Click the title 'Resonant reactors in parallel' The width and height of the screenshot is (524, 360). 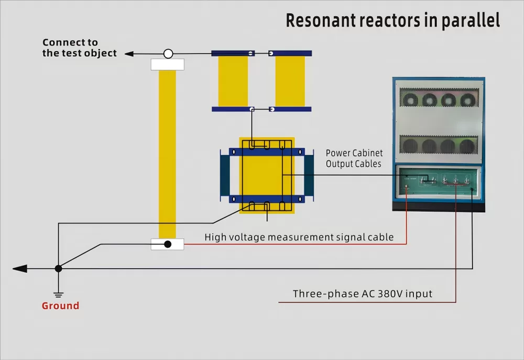click(392, 20)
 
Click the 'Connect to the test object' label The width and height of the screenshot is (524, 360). click(79, 48)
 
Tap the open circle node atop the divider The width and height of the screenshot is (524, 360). click(168, 53)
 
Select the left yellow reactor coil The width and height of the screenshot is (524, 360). click(233, 81)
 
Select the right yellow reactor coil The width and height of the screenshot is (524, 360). click(290, 81)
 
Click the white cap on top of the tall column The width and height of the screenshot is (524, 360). click(167, 64)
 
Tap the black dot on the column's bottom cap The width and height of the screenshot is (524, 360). click(168, 244)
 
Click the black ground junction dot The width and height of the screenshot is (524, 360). click(59, 268)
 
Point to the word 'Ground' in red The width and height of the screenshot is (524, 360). click(60, 306)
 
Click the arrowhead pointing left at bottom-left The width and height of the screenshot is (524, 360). click(20, 269)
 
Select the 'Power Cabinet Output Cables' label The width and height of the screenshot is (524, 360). click(354, 158)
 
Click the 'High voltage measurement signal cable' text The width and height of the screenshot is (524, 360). click(299, 237)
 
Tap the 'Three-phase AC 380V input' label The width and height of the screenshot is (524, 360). click(363, 293)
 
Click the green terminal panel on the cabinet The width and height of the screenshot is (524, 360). click(439, 182)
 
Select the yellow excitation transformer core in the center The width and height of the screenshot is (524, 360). click(267, 176)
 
